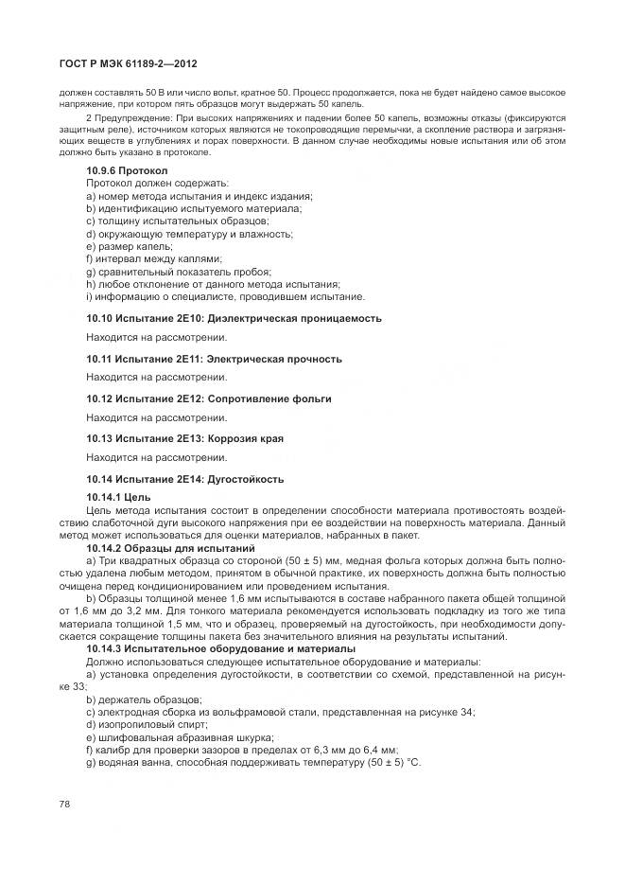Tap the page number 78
tap(64, 804)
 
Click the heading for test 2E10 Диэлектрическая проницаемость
tap(234, 318)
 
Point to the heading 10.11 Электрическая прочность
tap(214, 359)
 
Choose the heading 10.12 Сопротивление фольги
tap(209, 398)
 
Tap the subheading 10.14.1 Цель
tap(118, 497)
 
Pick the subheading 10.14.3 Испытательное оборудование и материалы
tap(220, 648)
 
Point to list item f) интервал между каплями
tap(153, 258)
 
